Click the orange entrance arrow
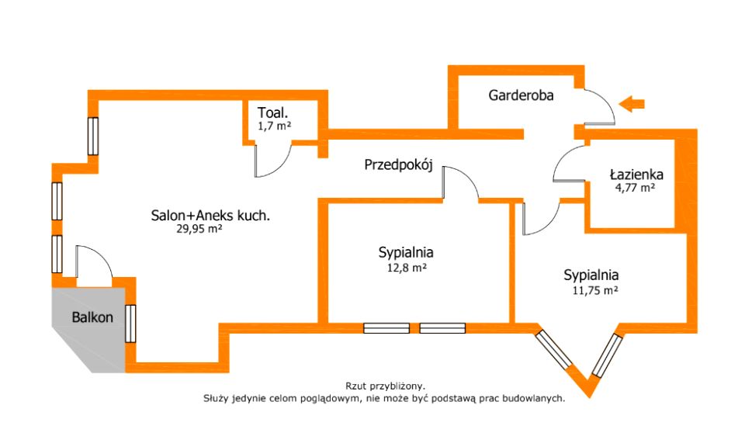pyautogui.click(x=633, y=102)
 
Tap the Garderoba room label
pyautogui.click(x=521, y=95)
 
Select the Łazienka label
pyautogui.click(x=631, y=173)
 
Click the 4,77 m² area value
pyautogui.click(x=631, y=187)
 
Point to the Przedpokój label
pyautogui.click(x=397, y=164)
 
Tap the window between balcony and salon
pyautogui.click(x=130, y=324)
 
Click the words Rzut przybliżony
pyautogui.click(x=386, y=386)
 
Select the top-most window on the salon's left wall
pyautogui.click(x=93, y=137)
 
